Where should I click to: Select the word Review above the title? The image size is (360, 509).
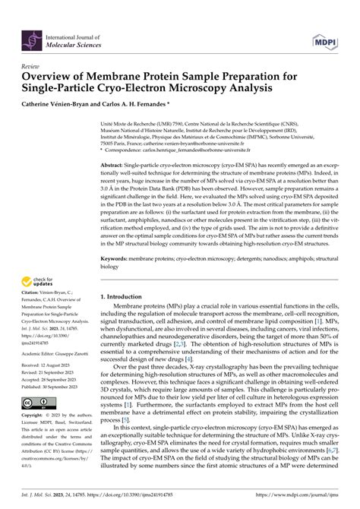[x=31, y=67]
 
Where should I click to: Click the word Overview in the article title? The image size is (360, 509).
[x=54, y=77]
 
